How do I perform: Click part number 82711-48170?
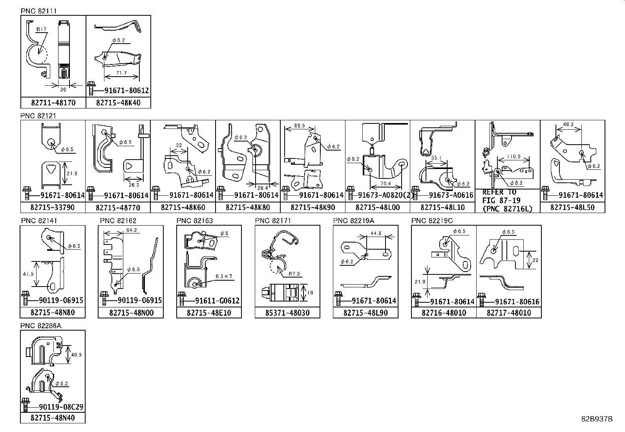(x=53, y=103)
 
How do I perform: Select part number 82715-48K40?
(x=118, y=103)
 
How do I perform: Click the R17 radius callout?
(x=41, y=29)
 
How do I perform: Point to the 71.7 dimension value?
(x=121, y=73)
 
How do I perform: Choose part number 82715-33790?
(x=53, y=207)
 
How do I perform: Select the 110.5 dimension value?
(x=514, y=156)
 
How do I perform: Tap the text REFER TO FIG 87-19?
(x=499, y=197)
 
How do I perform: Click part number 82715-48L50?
(x=572, y=207)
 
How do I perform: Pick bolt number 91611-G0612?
(x=217, y=301)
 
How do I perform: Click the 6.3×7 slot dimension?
(x=224, y=276)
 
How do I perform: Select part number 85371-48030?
(x=287, y=313)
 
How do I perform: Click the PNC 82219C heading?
(x=432, y=221)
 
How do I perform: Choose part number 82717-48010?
(x=508, y=313)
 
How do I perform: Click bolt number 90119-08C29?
(x=61, y=407)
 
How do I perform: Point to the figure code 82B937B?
(x=596, y=419)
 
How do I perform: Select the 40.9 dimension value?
(x=76, y=354)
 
